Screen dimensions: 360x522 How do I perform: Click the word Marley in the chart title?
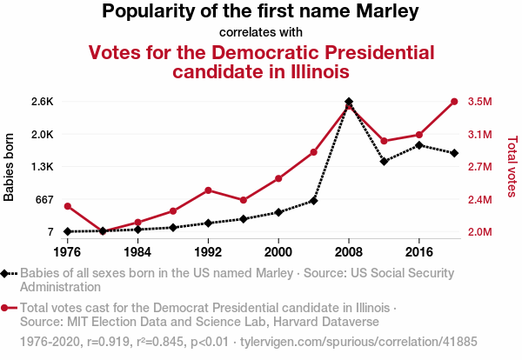pos(382,12)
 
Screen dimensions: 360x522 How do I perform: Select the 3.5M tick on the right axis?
pos(480,102)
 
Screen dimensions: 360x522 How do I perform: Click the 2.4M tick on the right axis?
pos(480,199)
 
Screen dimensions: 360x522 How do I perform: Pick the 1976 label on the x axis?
pos(67,251)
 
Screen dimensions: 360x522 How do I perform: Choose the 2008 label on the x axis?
pos(349,251)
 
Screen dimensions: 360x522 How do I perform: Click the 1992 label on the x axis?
pos(208,251)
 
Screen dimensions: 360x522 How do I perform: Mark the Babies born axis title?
pos(10,166)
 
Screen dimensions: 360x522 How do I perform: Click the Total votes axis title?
pos(512,166)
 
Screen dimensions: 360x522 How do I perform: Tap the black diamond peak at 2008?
pos(349,102)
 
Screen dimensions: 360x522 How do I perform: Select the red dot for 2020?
pos(454,102)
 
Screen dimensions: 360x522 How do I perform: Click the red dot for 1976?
pos(67,206)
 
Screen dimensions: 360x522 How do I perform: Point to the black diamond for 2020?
pos(454,153)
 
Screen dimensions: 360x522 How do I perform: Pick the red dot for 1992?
pos(208,190)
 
